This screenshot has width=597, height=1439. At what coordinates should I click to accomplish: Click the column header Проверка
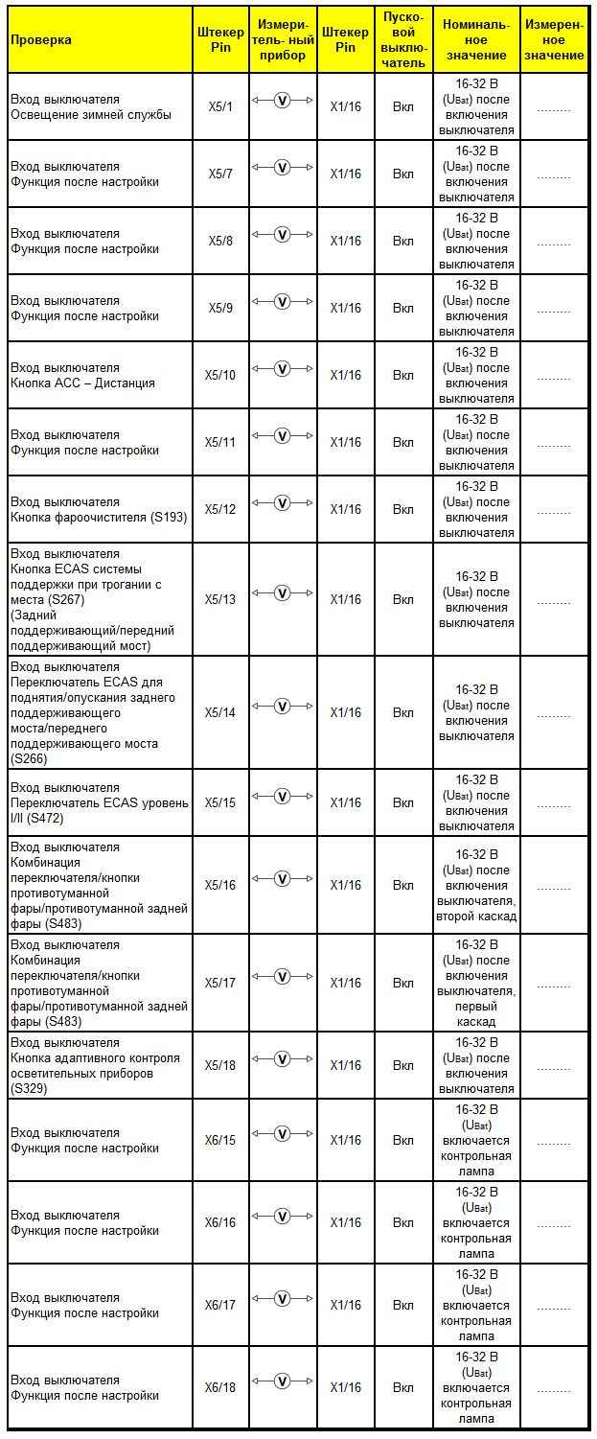40,39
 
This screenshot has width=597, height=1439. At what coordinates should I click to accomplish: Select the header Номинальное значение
476,39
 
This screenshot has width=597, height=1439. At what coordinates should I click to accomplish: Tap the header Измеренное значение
554,39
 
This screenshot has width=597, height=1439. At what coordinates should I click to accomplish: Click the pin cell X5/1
219,106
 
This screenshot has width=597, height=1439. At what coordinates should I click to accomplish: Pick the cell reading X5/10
219,375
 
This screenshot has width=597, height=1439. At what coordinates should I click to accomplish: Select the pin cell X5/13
219,599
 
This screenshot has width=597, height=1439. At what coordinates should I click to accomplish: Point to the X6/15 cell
219,1140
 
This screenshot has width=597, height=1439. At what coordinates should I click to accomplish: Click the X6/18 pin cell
219,1387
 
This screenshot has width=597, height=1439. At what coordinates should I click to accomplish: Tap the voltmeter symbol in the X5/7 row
282,167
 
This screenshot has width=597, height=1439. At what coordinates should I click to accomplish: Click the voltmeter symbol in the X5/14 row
282,706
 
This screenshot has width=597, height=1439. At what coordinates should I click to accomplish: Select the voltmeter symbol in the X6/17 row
282,1298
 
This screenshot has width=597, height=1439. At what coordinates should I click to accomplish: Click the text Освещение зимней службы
90,115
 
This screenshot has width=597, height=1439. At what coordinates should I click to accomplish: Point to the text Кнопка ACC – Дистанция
82,383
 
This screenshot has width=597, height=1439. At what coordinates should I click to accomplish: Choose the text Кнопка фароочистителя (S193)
99,518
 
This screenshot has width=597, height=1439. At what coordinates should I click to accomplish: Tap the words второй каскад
476,917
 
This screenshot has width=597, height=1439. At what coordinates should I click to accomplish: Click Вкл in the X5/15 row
403,802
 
